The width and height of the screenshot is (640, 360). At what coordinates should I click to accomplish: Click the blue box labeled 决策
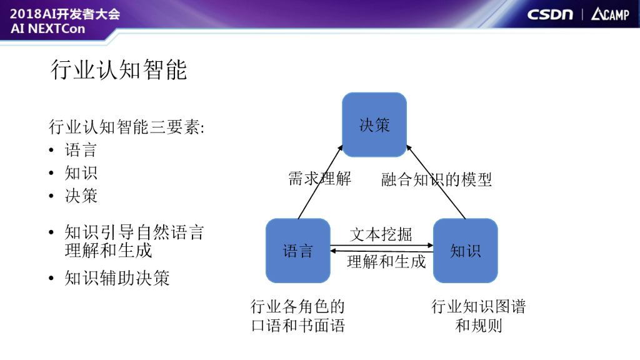(x=374, y=125)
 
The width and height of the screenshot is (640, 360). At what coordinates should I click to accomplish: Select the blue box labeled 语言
(x=298, y=251)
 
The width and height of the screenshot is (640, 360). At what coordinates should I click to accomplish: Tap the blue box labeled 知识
(x=465, y=251)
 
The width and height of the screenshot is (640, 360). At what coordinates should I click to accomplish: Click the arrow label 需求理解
(x=319, y=179)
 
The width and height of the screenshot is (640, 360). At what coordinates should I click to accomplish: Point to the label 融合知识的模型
(x=437, y=180)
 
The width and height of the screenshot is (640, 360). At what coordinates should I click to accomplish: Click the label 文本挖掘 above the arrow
(x=381, y=234)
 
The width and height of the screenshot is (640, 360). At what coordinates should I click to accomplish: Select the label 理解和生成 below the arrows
(x=386, y=261)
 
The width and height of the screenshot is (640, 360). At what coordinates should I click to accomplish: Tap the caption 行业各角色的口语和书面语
(x=297, y=316)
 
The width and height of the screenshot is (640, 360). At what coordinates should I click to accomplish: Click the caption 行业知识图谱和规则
(x=478, y=316)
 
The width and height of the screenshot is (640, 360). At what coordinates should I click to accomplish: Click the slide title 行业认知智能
(x=119, y=70)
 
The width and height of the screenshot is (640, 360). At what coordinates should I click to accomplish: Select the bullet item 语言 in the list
(x=81, y=150)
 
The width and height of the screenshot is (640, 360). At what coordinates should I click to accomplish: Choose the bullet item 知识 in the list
(x=81, y=173)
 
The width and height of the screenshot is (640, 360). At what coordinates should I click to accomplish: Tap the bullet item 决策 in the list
(x=81, y=196)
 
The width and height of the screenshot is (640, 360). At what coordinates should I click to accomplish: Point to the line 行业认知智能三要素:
(x=127, y=127)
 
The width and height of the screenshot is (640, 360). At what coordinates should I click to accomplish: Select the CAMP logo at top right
(x=610, y=14)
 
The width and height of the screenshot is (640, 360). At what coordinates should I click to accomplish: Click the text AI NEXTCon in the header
(x=47, y=29)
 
